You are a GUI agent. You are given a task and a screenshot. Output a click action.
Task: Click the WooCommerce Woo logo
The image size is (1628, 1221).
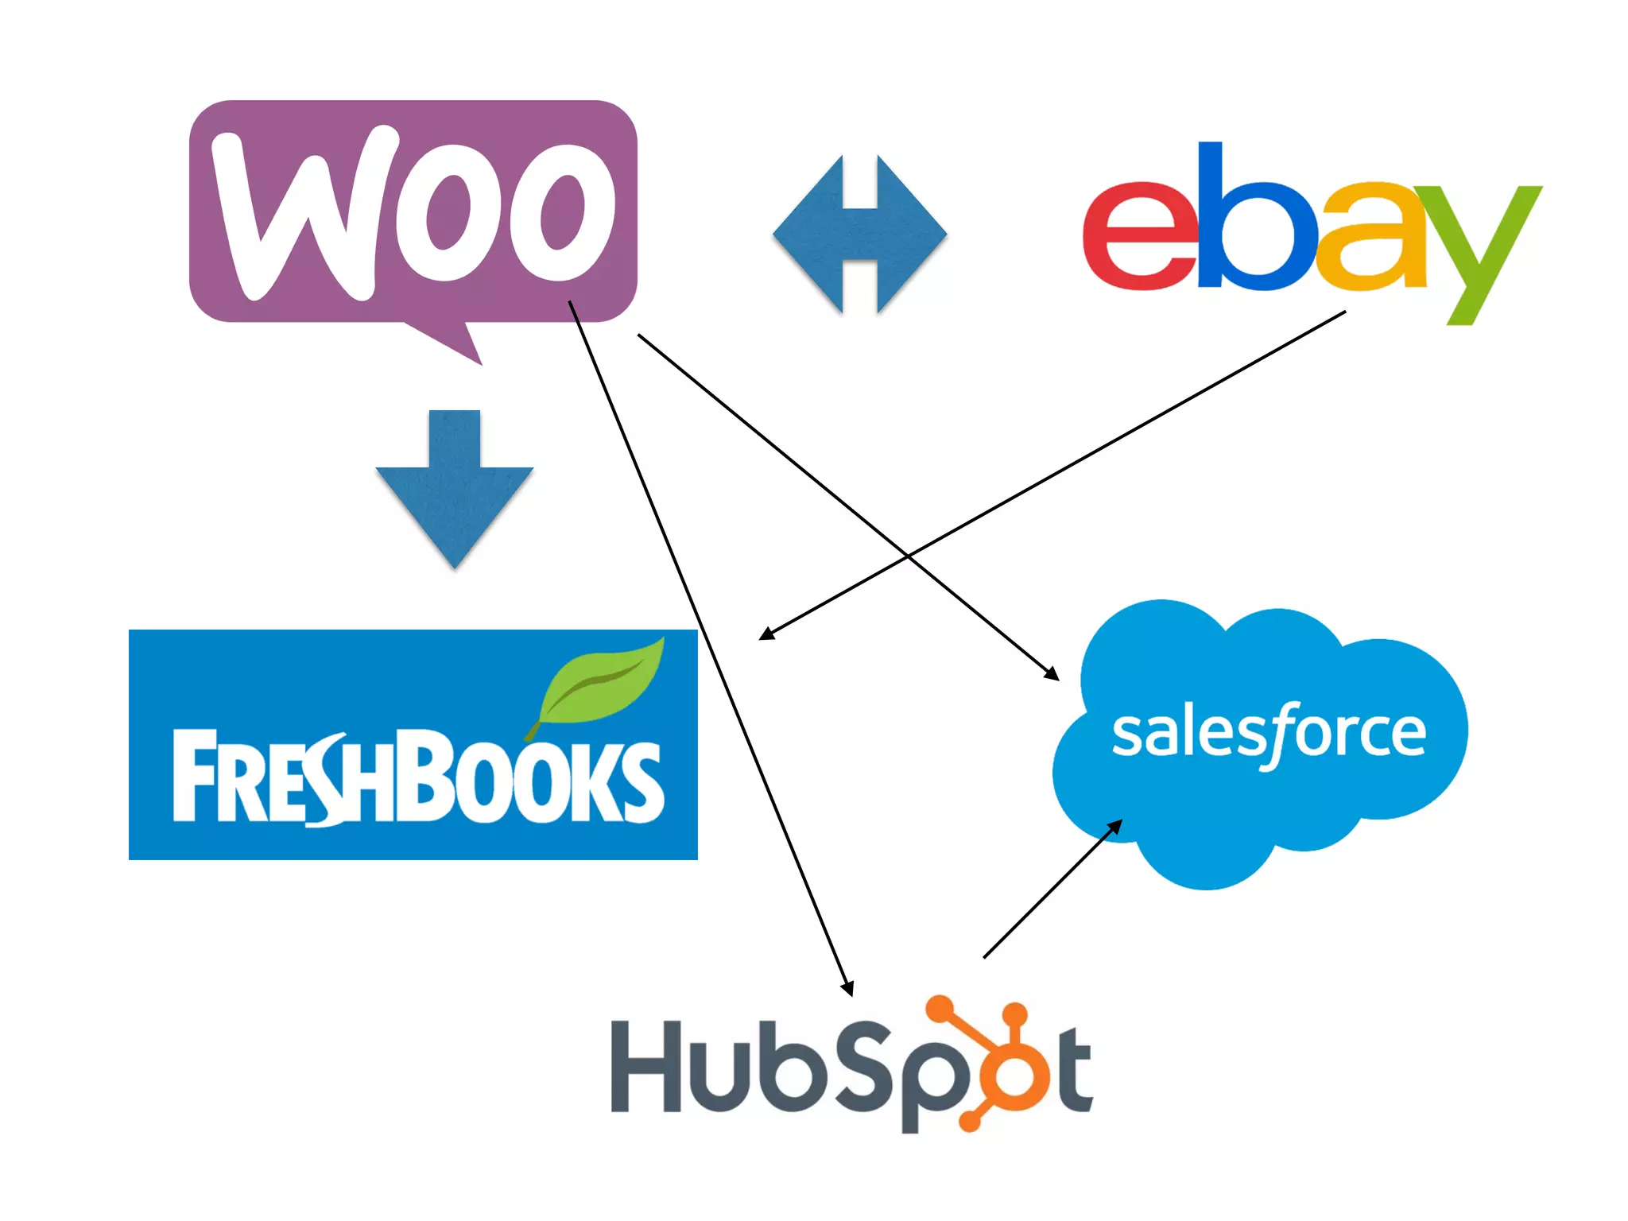click(413, 211)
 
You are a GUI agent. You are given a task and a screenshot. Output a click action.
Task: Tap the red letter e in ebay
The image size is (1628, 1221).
click(1139, 237)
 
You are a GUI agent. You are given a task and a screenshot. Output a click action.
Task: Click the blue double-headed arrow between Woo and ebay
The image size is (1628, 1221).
click(859, 234)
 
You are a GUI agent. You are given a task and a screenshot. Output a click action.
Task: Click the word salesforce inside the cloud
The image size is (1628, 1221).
click(1268, 734)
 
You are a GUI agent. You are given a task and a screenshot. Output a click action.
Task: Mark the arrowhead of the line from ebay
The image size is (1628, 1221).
click(766, 634)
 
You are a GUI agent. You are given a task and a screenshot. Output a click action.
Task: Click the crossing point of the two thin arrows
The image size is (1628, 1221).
click(907, 554)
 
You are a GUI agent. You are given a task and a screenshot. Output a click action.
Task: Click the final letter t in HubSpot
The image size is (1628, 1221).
click(1074, 1070)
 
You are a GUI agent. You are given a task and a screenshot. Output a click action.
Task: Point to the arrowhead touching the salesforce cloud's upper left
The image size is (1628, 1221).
click(1052, 675)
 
